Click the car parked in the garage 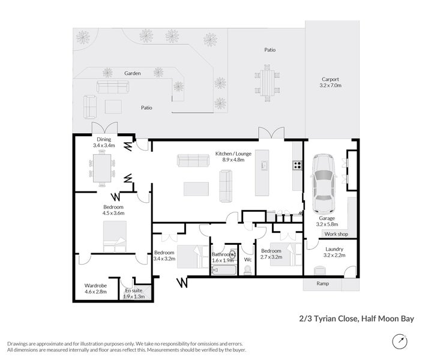pos(324,185)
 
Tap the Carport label pos(330,79)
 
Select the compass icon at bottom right pos(400,341)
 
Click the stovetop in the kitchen pos(297,166)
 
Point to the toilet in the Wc pos(248,269)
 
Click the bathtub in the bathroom pos(224,270)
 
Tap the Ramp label pos(322,284)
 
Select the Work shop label pos(336,234)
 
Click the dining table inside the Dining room pos(102,169)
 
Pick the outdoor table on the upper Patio pos(267,83)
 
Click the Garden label pos(133,73)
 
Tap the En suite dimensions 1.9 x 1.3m pos(134,296)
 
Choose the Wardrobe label pos(95,286)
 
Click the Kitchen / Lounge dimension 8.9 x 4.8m pos(233,160)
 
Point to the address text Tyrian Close pos(336,319)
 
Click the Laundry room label pos(334,249)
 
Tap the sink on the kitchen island pos(264,165)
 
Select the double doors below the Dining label pos(104,128)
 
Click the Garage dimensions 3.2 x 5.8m pos(327,224)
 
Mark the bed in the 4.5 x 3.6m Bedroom pos(115,236)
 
